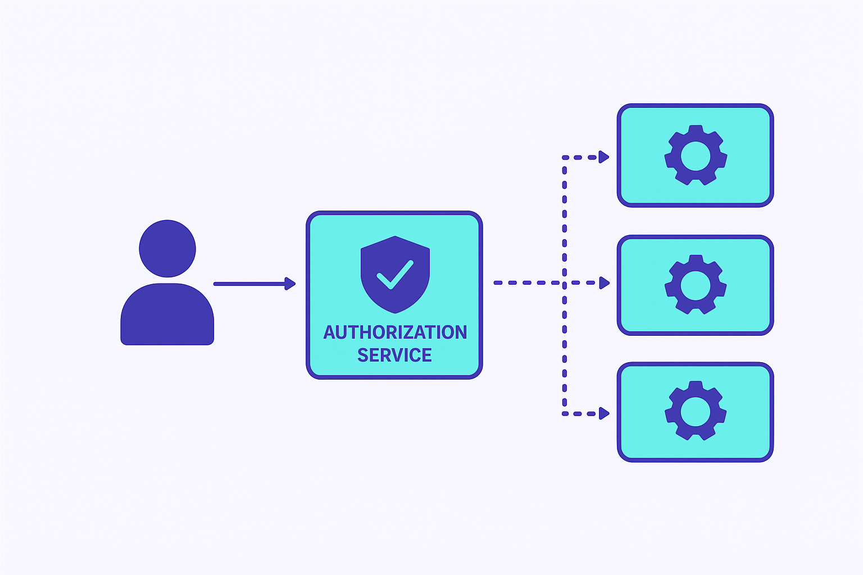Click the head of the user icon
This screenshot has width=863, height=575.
167,248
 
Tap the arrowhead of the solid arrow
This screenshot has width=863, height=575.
290,284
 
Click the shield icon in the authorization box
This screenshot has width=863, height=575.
395,274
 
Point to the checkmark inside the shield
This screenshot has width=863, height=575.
395,274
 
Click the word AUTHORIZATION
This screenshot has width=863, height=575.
395,332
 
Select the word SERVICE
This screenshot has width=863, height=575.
394,355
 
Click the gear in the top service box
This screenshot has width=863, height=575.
696,156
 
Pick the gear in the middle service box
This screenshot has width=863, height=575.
696,285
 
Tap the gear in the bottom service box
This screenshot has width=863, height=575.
696,411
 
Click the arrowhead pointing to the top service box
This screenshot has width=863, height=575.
604,157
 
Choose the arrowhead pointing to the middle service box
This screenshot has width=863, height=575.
604,283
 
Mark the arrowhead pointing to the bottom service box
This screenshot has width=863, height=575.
604,414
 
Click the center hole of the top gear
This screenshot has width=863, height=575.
696,156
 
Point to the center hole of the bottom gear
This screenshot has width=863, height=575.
696,411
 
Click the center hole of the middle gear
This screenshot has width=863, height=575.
696,285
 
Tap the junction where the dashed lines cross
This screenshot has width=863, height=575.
565,283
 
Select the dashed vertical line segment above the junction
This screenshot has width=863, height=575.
565,219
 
